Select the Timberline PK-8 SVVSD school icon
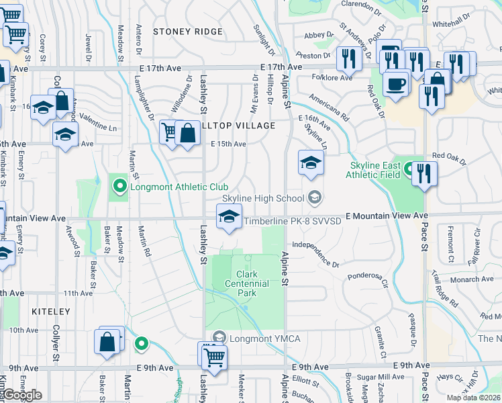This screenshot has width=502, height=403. (x=228, y=218)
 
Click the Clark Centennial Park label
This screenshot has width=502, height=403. (x=252, y=283)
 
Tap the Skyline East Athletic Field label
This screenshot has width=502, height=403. (x=374, y=171)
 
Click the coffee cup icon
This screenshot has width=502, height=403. (x=396, y=84)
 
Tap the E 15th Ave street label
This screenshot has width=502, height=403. (x=228, y=144)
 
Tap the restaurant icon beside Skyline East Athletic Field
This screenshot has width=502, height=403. (x=424, y=173)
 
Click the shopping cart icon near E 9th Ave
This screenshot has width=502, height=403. (x=214, y=357)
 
